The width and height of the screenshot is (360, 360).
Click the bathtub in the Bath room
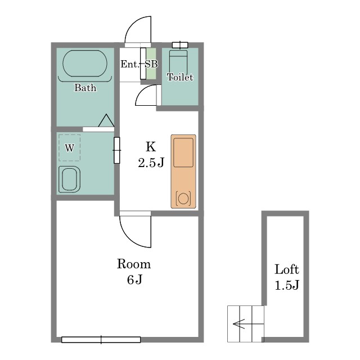point(85,64)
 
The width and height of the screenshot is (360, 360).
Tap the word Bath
point(85,88)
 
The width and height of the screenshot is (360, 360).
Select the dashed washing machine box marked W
point(69,147)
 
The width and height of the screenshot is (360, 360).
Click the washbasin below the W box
point(69,179)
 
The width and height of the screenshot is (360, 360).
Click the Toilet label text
point(180,77)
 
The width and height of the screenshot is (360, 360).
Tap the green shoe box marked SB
point(151,64)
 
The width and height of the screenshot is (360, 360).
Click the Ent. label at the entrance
point(130,64)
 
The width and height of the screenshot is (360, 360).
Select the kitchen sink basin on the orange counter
point(183,152)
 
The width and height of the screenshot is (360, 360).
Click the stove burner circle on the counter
point(183,198)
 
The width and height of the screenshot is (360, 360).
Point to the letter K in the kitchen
point(151,146)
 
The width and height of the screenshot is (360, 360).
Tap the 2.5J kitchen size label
point(151,163)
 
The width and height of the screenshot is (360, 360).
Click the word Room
point(134,264)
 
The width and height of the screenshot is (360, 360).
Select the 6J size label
point(134,280)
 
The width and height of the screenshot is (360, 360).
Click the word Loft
point(287,269)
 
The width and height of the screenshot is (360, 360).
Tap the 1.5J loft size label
point(287,285)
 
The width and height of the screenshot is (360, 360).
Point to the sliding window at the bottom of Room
point(101,340)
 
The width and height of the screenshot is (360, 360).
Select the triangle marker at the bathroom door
point(106,120)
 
